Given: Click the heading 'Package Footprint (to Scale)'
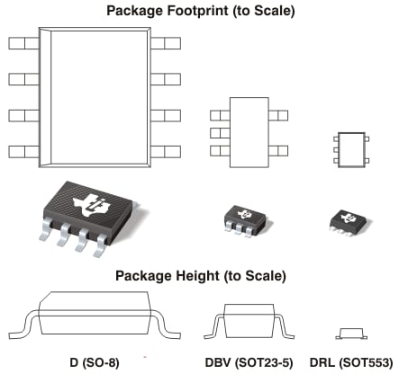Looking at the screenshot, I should coord(200,12).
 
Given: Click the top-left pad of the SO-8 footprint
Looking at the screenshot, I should coord(23,43).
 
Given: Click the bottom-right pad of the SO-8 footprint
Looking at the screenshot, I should coord(167,149).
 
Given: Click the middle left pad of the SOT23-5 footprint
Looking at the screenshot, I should coord(215,133).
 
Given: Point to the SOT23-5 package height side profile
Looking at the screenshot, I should coord(244,321).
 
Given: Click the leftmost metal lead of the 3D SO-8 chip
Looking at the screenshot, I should coord(44,236).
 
